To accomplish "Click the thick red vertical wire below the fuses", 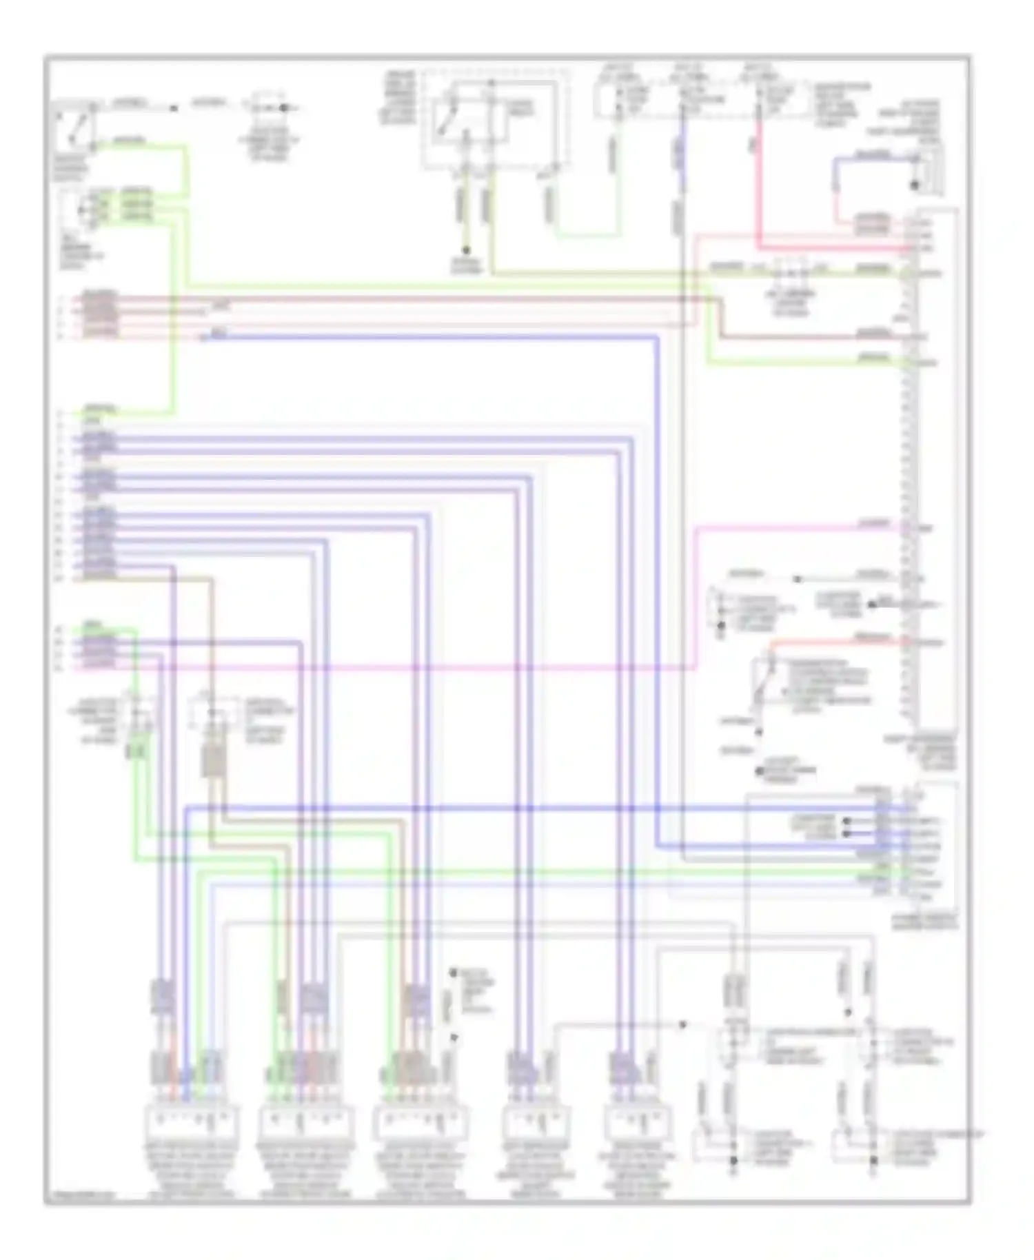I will click(x=758, y=186).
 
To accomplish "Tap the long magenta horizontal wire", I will click(x=414, y=667).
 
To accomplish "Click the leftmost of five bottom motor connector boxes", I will click(x=192, y=1124).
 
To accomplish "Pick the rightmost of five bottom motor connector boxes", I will click(x=638, y=1124).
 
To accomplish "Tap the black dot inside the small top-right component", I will click(x=915, y=185).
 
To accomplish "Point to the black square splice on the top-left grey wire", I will click(x=174, y=108).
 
